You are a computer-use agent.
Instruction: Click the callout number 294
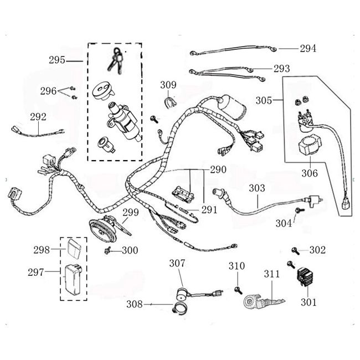coord(308,49)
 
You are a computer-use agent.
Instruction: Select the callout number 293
coord(281,69)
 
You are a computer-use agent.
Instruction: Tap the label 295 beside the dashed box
coord(57,60)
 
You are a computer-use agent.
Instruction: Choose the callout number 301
coord(308,302)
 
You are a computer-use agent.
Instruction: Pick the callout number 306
coord(310,173)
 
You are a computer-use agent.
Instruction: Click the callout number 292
coord(38,117)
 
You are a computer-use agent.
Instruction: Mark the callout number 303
coord(256,188)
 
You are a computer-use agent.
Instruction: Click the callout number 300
coord(130,250)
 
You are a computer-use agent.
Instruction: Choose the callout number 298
coord(42,250)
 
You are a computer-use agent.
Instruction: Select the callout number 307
coord(177,263)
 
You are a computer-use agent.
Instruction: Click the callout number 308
coord(135,304)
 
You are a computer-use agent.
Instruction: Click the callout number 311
coord(272,273)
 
